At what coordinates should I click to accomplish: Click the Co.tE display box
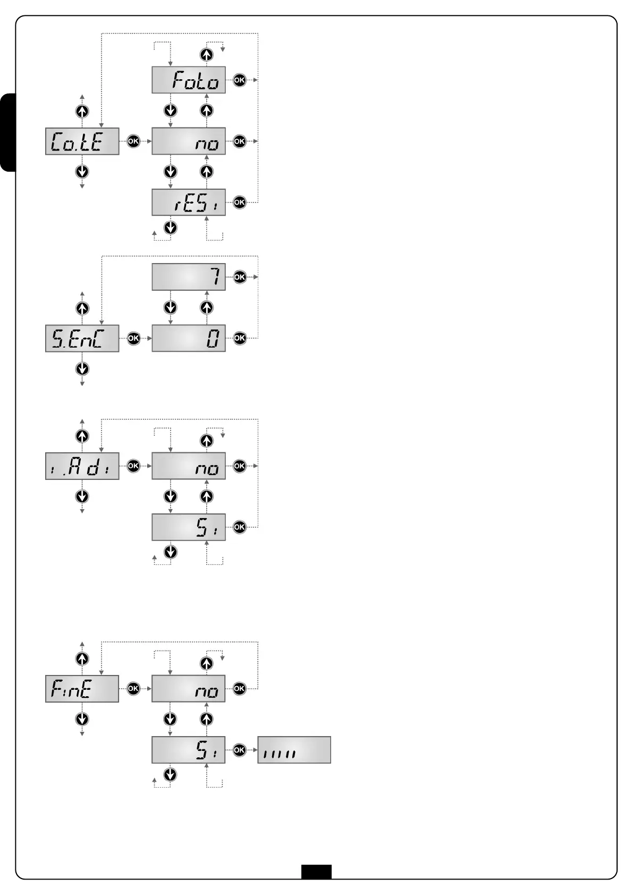(x=82, y=141)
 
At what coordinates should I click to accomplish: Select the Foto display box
(x=189, y=80)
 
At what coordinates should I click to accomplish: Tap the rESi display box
(x=189, y=202)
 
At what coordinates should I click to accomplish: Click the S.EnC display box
(x=82, y=338)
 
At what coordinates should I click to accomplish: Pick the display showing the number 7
(x=189, y=277)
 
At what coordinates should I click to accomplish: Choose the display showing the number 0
(x=189, y=338)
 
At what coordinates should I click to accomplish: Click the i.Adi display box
(x=82, y=466)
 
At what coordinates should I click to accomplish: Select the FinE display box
(x=82, y=689)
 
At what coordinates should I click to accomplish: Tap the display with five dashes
(x=294, y=750)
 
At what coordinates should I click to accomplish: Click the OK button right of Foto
(x=240, y=80)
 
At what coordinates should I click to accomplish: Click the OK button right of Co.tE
(x=133, y=141)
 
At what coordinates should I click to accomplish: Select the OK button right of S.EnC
(x=133, y=338)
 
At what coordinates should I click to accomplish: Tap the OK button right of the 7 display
(x=240, y=277)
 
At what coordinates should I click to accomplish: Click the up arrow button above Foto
(x=206, y=54)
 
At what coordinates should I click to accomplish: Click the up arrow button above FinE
(x=82, y=658)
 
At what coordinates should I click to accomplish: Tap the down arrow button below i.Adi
(x=82, y=496)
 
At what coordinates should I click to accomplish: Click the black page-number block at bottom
(x=316, y=872)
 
